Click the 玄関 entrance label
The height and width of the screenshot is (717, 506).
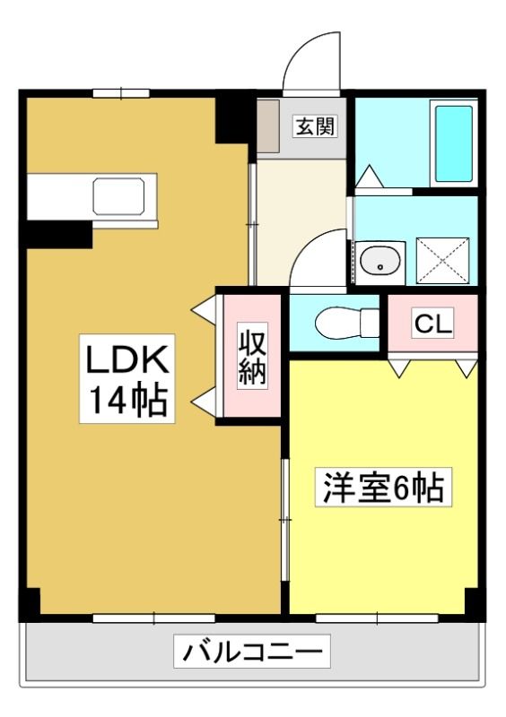pos(316,125)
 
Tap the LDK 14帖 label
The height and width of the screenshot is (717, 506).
pos(127,378)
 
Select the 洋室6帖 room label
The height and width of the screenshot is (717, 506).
pos(383,487)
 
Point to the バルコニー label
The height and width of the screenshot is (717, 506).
pos(252,651)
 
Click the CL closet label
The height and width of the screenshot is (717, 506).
pos(432,324)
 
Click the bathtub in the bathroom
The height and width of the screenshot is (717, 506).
pos(454,143)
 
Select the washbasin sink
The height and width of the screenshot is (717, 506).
pos(379,263)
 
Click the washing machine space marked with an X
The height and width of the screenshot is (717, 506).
pos(443,261)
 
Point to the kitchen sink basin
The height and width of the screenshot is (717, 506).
pos(119,196)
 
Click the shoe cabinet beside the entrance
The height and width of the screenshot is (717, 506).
pos(268,126)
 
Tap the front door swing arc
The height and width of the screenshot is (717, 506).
pos(311,63)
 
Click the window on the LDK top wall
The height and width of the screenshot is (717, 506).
pos(121,93)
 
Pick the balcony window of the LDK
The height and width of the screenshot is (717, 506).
pos(153,618)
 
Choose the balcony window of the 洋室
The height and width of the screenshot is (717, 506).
pos(377,618)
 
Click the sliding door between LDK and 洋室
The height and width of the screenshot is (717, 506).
pos(284,520)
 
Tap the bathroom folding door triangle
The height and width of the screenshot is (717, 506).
pos(369,177)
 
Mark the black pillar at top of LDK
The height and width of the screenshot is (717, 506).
pos(232,120)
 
